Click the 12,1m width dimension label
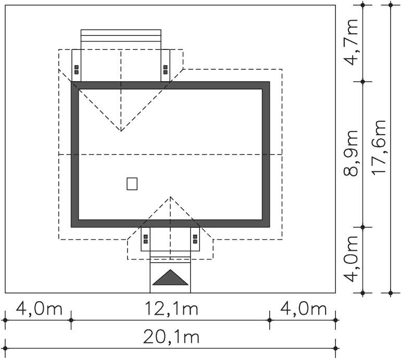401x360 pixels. [171, 308]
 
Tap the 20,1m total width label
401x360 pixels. [171, 337]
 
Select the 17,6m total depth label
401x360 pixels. [379, 147]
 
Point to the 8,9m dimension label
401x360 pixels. [350, 153]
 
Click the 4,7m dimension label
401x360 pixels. [350, 42]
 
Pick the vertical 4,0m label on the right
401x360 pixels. [350, 259]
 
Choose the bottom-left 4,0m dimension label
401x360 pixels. [39, 308]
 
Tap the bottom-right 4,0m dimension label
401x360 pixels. [304, 308]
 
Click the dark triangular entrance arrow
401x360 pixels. [170, 277]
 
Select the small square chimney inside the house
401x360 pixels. [132, 184]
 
